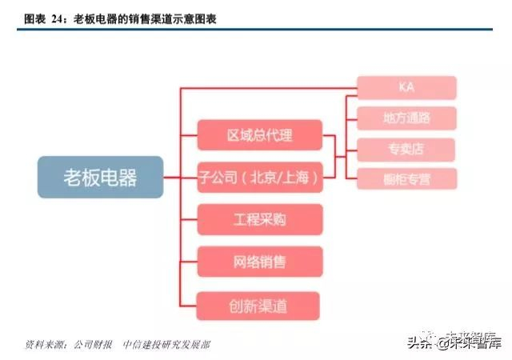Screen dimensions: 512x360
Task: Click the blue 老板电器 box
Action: (x=100, y=178)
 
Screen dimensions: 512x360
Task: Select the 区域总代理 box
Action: (x=259, y=134)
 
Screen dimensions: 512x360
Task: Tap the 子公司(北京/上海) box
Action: (x=259, y=177)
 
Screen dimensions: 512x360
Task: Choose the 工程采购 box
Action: (x=259, y=219)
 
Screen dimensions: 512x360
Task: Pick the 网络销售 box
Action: (x=259, y=262)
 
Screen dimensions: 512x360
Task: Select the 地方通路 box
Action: (x=406, y=118)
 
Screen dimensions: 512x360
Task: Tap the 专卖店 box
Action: (x=406, y=149)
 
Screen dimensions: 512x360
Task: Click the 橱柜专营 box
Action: (x=406, y=178)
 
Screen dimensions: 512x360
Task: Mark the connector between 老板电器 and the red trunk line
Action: (x=172, y=178)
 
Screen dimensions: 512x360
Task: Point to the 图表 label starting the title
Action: (x=34, y=18)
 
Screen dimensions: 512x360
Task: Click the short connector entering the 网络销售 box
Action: (x=188, y=262)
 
